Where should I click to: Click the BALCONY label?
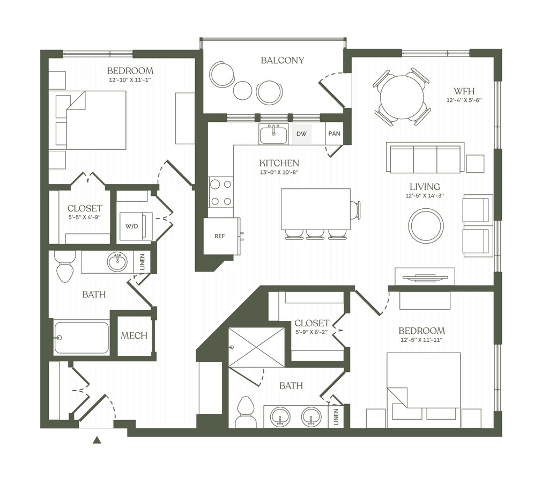tap(282, 60)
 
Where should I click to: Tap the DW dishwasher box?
tap(301, 134)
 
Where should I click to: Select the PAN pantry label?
tap(335, 134)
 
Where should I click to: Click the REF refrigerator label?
tap(219, 236)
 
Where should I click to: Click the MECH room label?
tap(133, 336)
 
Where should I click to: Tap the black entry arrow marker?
tap(98, 440)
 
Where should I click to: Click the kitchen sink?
tap(274, 134)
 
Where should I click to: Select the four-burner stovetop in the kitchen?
tap(221, 193)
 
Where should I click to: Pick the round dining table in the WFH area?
tap(402, 97)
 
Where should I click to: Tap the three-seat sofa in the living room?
tap(425, 157)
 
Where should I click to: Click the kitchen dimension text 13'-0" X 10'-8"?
tap(279, 172)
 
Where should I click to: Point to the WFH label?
tap(464, 91)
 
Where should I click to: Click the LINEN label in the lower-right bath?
tap(337, 416)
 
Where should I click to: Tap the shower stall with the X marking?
tap(256, 347)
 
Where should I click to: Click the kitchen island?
tap(316, 209)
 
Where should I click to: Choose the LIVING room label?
tap(425, 187)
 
